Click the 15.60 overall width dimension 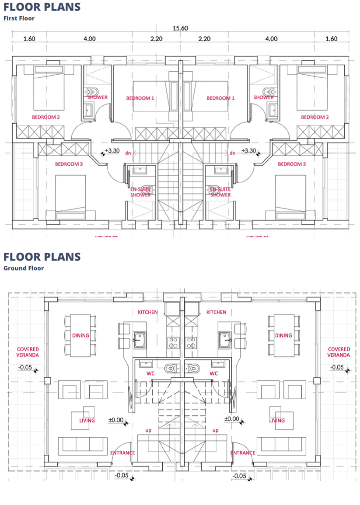tap(180, 28)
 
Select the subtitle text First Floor tap(19, 18)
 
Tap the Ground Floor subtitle tap(24, 268)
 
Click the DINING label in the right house tap(283, 335)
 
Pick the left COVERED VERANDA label tap(28, 352)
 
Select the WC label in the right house tap(213, 373)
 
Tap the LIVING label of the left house tap(87, 421)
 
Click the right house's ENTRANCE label tap(243, 453)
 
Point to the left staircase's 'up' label tap(148, 430)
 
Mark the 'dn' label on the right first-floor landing tap(232, 153)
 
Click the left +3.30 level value tap(113, 150)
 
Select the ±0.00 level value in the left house tap(116, 419)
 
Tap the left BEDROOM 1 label tap(140, 98)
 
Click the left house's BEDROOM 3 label tap(69, 164)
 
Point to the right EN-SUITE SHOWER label tap(220, 192)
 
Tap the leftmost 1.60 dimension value tap(29, 38)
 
